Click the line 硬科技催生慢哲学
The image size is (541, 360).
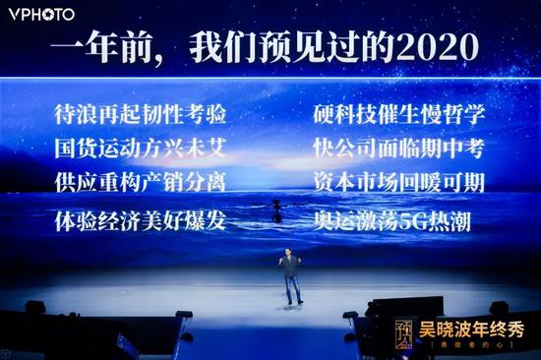(398, 114)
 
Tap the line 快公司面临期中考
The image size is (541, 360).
(398, 150)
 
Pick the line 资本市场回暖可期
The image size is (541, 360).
(398, 184)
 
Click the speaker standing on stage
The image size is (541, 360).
(291, 275)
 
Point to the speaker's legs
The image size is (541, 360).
(291, 289)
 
